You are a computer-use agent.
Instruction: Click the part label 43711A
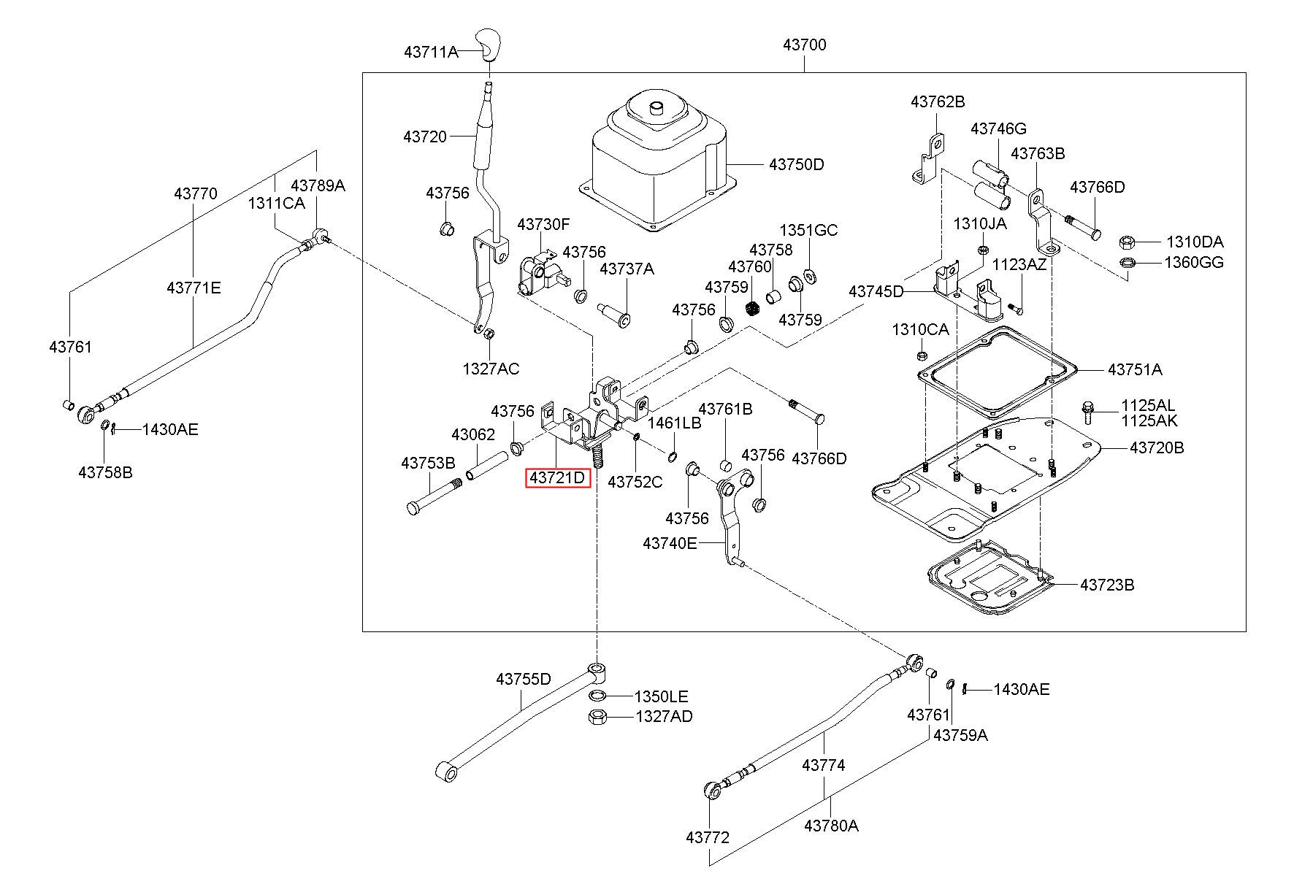[x=431, y=52]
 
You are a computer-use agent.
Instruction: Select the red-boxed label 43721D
[x=558, y=478]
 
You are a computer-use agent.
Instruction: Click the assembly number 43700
[x=805, y=45]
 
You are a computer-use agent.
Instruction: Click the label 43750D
[x=796, y=164]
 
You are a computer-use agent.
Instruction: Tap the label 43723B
[x=1107, y=585]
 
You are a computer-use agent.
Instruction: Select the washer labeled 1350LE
[x=597, y=695]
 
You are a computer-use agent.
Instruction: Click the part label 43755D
[x=524, y=679]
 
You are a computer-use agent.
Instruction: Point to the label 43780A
[x=831, y=826]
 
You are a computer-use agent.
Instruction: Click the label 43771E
[x=194, y=288]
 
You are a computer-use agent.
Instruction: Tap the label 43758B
[x=106, y=472]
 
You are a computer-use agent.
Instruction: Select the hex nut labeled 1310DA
[x=1125, y=241]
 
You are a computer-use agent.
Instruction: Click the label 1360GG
[x=1194, y=262]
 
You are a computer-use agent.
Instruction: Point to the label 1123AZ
[x=1020, y=264]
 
